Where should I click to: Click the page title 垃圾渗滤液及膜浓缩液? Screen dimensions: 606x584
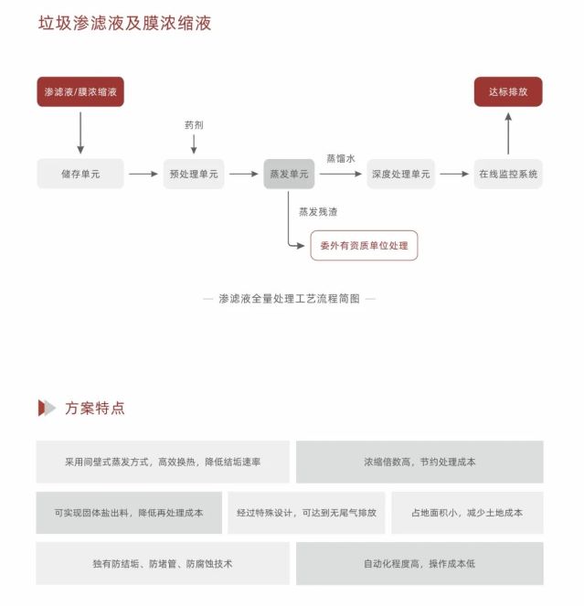(124, 23)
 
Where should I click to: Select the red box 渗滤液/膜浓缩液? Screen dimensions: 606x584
(80, 91)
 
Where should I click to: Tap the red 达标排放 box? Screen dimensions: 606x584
(507, 91)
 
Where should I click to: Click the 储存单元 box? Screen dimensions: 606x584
(80, 174)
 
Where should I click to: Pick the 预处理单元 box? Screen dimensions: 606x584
(194, 174)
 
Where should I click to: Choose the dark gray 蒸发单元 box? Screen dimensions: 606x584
(289, 174)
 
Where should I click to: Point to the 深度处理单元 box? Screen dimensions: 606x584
(400, 174)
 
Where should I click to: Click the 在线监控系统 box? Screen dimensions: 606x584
(508, 174)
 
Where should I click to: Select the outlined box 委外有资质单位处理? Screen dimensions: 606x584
(364, 245)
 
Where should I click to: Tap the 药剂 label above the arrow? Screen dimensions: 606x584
(194, 125)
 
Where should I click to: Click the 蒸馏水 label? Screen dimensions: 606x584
(341, 158)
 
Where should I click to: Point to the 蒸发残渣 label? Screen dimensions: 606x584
(318, 211)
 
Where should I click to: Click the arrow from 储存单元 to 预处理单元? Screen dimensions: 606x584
(143, 174)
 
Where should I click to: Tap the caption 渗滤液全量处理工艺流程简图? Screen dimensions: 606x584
(289, 298)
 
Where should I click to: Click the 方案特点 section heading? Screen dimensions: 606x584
(95, 408)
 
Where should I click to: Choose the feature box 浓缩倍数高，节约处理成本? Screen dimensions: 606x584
(419, 462)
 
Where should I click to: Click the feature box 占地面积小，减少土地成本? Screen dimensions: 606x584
(467, 513)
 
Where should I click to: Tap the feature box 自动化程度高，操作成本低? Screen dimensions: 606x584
(419, 564)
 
